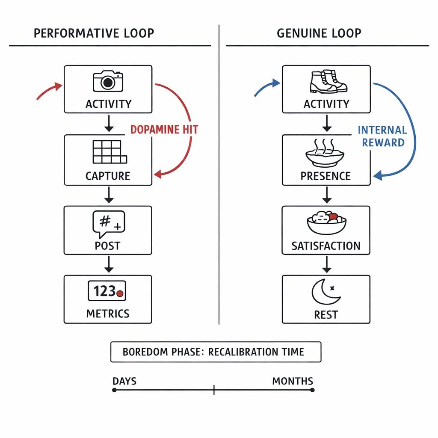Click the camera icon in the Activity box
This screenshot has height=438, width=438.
[108, 81]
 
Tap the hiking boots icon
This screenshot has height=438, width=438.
[328, 81]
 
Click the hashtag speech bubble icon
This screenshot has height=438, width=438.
[109, 224]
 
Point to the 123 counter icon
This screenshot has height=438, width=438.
[108, 292]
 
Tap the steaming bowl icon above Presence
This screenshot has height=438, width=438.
[326, 154]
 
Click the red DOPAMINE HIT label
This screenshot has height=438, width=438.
[164, 130]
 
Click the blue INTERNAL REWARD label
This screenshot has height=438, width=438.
[382, 136]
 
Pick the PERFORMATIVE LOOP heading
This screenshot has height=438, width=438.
[94, 33]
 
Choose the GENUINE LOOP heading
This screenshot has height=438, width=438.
[319, 33]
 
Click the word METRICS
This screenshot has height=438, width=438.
[108, 314]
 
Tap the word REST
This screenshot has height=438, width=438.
[326, 315]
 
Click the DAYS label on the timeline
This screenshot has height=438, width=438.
[125, 381]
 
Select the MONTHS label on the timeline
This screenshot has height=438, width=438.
[293, 381]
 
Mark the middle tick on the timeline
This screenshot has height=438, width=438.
[214, 390]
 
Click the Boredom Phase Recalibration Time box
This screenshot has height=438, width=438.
[216, 352]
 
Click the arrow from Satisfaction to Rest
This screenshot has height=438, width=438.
[327, 265]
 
